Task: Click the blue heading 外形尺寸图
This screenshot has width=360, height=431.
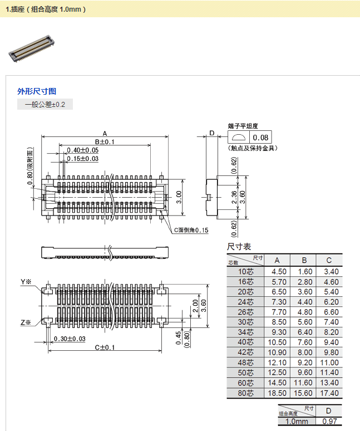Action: [x=37, y=91]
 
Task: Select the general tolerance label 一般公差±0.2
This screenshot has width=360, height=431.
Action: [x=45, y=104]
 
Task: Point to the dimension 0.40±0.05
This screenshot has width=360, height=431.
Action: [x=83, y=150]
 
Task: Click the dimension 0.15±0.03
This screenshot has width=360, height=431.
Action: [x=83, y=159]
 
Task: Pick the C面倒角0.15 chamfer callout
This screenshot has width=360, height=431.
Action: [x=191, y=230]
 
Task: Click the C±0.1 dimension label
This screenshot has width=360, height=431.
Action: [x=104, y=347]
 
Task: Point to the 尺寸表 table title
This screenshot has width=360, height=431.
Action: [x=239, y=247]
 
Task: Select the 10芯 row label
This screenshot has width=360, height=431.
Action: [x=246, y=271]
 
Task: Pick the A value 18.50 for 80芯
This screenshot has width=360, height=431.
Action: [x=279, y=393]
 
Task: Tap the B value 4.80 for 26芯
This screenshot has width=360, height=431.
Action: [x=304, y=312]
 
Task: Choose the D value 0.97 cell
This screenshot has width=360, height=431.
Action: [x=329, y=422]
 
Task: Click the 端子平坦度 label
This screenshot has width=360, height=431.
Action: [x=243, y=126]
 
